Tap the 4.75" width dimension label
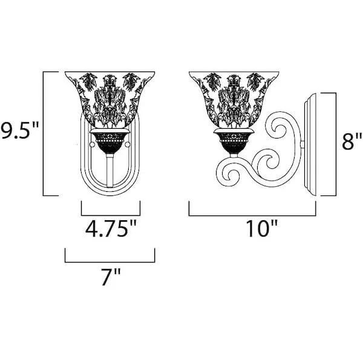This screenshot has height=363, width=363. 111,229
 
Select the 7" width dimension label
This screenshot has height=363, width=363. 111,277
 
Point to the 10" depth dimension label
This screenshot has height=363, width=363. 261,228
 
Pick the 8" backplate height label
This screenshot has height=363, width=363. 352,141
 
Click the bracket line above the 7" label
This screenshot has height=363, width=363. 110,262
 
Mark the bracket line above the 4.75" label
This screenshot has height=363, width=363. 111,215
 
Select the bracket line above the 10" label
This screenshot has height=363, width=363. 252,215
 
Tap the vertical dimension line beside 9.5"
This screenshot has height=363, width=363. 44,134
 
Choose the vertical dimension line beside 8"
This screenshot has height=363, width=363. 336,145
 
